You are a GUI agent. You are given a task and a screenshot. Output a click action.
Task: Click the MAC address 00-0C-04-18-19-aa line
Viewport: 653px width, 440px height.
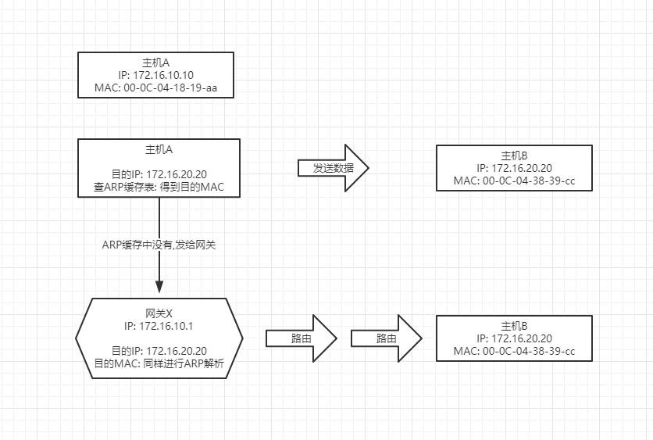tap(155, 88)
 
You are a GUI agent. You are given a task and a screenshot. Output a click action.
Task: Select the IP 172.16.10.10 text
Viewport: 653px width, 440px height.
tap(155, 75)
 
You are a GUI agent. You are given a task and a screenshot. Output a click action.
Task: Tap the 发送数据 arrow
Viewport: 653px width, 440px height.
tap(334, 168)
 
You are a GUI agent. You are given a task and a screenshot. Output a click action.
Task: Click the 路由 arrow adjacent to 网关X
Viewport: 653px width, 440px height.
tap(301, 338)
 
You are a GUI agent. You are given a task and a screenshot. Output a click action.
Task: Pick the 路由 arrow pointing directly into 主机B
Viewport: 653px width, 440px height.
tap(387, 338)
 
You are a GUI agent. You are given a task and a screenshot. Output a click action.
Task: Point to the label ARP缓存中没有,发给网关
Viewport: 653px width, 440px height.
tap(159, 245)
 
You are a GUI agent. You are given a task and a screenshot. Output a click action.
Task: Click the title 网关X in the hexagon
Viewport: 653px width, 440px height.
tap(159, 313)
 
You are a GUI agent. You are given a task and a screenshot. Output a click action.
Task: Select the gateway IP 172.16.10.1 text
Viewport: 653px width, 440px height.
tap(159, 326)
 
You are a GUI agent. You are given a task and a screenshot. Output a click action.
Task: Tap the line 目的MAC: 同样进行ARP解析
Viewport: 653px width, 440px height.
tap(159, 363)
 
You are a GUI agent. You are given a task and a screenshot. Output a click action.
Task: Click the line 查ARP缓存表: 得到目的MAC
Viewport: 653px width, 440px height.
tap(159, 187)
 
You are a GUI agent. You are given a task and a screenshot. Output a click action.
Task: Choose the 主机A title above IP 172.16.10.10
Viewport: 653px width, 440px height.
tap(155, 63)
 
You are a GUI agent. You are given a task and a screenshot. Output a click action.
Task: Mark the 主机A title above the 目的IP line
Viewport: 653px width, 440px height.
tap(159, 149)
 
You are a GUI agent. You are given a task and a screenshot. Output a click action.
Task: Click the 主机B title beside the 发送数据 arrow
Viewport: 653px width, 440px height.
tap(514, 156)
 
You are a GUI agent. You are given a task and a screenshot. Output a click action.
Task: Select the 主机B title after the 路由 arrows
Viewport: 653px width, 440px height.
tap(514, 326)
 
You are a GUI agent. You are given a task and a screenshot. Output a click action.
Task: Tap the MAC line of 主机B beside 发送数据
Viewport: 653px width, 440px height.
tap(514, 181)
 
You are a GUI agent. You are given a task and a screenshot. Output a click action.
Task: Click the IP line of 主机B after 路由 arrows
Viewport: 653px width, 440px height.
tap(514, 338)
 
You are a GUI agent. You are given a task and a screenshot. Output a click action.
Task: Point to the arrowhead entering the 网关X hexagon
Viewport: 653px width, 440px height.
tap(159, 287)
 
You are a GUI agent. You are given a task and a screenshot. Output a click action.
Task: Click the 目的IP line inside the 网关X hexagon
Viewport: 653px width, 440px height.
tap(159, 351)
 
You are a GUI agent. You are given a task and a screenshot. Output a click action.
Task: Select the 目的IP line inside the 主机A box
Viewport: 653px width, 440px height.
tap(159, 174)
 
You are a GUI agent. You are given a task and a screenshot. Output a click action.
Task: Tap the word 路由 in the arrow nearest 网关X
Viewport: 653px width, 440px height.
tap(301, 338)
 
